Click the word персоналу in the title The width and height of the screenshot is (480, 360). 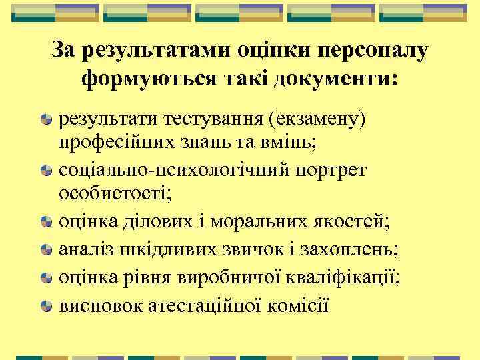[374, 50]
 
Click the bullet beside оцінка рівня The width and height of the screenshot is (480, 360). [46, 277]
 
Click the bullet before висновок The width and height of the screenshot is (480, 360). [46, 307]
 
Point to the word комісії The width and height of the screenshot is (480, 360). [296, 306]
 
